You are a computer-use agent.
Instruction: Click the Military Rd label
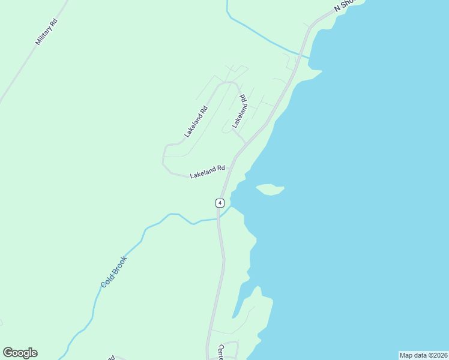pyautogui.click(x=46, y=32)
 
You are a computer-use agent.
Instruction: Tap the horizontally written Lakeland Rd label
pyautogui.click(x=207, y=172)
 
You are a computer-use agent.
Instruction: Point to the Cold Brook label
pyautogui.click(x=114, y=272)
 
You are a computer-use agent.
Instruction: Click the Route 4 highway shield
pyautogui.click(x=220, y=203)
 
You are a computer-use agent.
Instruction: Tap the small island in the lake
pyautogui.click(x=270, y=190)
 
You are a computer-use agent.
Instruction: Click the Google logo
pyautogui.click(x=20, y=353)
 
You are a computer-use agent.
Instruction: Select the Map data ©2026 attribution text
pyautogui.click(x=423, y=355)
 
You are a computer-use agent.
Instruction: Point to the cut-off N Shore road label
pyautogui.click(x=345, y=5)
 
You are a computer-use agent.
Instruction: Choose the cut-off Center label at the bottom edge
pyautogui.click(x=221, y=352)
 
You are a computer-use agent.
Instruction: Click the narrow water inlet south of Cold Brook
pyautogui.click(x=239, y=303)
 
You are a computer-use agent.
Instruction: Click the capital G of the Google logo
pyautogui.click(x=8, y=352)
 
